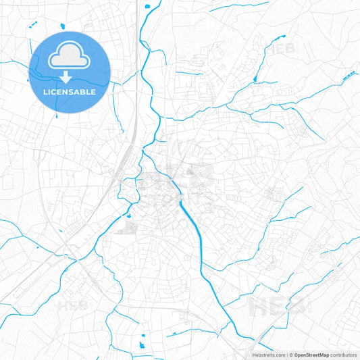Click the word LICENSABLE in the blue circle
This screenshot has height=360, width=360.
[x=70, y=91]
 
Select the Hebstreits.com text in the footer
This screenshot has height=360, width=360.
[x=267, y=355]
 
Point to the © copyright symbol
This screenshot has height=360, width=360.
[x=291, y=355]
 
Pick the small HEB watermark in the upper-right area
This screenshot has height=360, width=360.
[x=282, y=49]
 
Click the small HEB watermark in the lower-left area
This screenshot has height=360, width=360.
[x=74, y=305]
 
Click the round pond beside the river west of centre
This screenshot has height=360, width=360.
[x=125, y=217]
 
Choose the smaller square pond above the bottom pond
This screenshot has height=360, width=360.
[x=143, y=333]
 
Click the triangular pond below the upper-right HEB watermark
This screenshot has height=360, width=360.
[x=255, y=81]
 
